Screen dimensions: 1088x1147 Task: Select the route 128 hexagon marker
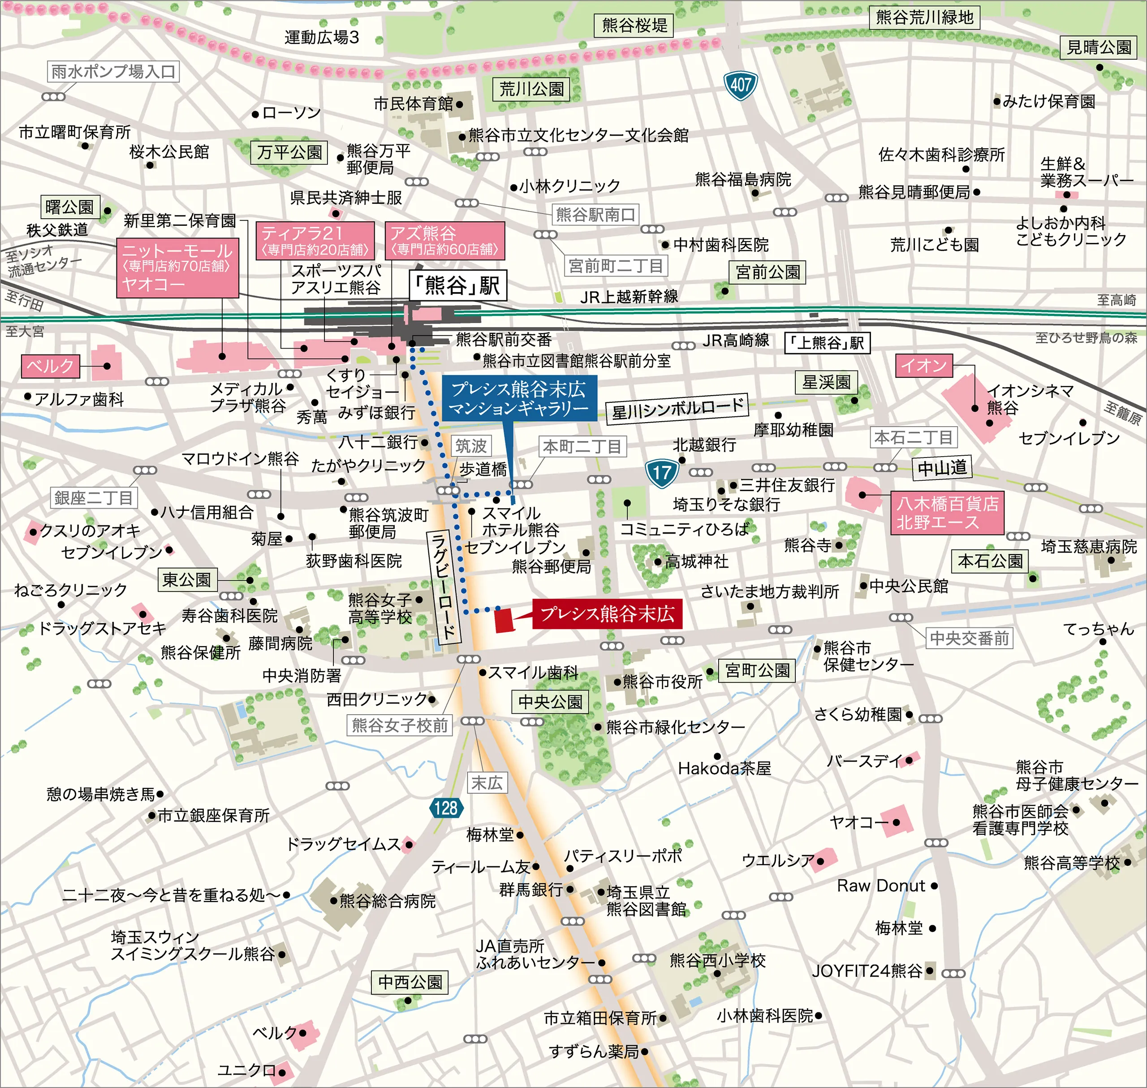[x=445, y=807]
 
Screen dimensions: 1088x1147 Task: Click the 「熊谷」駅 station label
[x=458, y=285]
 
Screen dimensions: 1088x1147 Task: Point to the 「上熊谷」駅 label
[x=827, y=343]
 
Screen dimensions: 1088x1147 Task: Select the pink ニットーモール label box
[x=177, y=268]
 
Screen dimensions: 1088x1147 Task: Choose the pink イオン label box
[x=924, y=366]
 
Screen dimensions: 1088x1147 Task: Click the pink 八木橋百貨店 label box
[x=947, y=513]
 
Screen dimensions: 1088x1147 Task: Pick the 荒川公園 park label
[x=531, y=89]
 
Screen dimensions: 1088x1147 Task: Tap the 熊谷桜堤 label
[x=634, y=26]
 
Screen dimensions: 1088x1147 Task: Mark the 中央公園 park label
[x=550, y=702]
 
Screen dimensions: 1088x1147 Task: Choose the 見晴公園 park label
[x=1099, y=47]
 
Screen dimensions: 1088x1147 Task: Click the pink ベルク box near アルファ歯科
[x=51, y=366]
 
